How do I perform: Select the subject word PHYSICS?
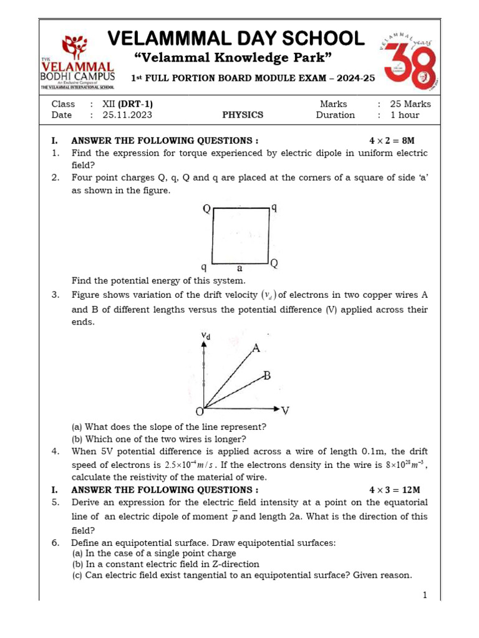point(243,115)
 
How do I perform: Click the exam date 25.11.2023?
point(127,115)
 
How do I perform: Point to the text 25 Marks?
point(410,104)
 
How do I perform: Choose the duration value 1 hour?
point(405,115)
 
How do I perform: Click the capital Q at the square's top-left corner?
point(206,209)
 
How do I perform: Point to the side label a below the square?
point(239,269)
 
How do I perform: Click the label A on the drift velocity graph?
point(256,348)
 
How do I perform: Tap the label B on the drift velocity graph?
point(267,375)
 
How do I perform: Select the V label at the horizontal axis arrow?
point(285,411)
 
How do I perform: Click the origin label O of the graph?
point(200,412)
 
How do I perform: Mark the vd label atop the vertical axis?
point(205,336)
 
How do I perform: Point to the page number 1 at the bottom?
point(425,595)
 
